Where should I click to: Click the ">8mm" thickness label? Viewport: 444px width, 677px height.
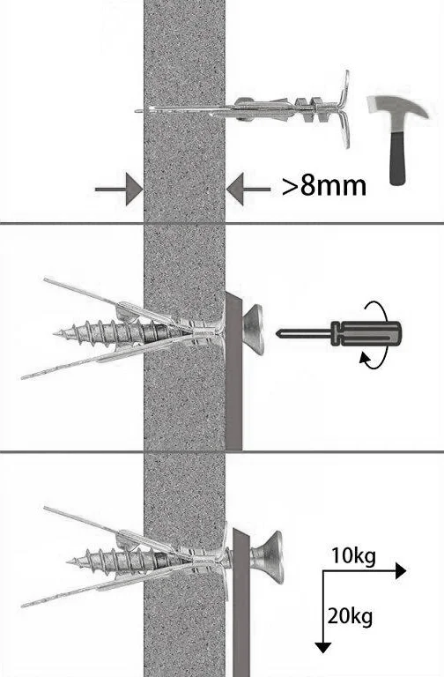click(x=324, y=186)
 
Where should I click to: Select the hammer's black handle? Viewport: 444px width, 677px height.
click(x=398, y=159)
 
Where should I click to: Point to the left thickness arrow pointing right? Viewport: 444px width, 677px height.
click(x=119, y=190)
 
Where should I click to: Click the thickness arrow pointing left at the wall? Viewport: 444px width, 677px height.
click(x=248, y=190)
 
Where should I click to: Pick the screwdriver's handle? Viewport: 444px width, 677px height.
click(x=366, y=333)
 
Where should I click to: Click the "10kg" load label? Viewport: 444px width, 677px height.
click(x=353, y=555)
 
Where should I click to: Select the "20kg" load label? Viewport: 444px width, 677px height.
click(x=350, y=616)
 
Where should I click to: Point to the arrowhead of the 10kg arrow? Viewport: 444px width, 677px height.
click(x=401, y=571)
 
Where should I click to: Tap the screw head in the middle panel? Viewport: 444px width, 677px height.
click(x=253, y=330)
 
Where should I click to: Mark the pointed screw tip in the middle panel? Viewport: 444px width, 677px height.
click(x=55, y=333)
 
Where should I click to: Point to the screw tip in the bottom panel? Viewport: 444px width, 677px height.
click(x=69, y=562)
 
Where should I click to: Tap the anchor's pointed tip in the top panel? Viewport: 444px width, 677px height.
click(x=137, y=111)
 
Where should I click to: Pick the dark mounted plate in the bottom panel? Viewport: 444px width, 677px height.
click(x=241, y=601)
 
